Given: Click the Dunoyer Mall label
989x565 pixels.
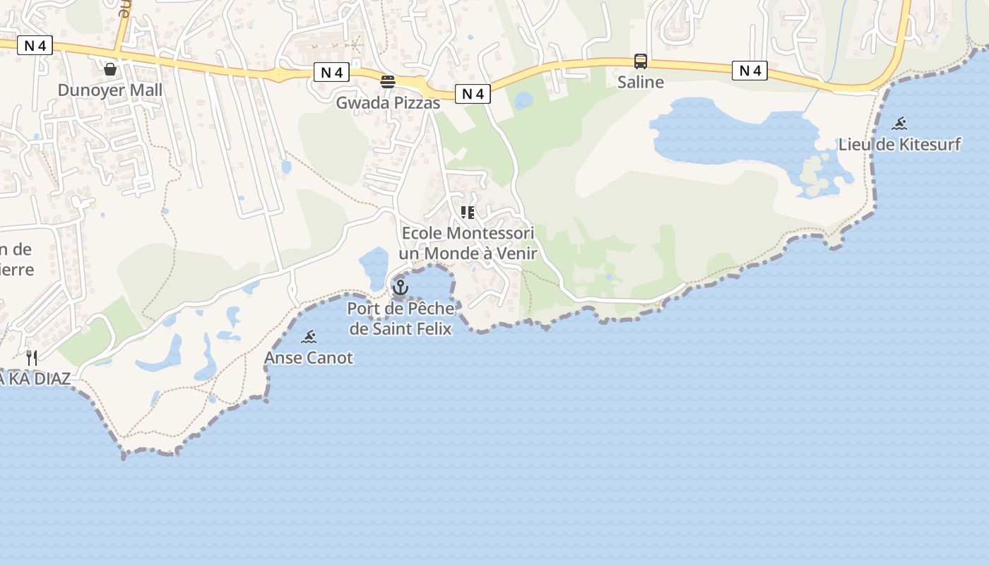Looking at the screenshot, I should click(109, 90).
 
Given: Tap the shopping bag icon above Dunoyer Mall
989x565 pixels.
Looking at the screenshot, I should click(110, 69).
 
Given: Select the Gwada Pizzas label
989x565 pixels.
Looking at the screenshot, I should click(387, 103).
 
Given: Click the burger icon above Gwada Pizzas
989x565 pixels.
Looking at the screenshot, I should click(387, 81).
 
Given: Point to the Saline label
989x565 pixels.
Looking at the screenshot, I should click(640, 82).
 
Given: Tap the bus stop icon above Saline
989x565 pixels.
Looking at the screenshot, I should click(640, 61).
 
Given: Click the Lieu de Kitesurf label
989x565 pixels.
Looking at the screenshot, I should click(899, 145).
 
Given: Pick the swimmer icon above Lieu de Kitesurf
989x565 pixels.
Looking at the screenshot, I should click(899, 124).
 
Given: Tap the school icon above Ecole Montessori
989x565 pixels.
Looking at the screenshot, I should click(467, 212).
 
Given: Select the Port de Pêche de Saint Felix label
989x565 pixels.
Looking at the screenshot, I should click(401, 318).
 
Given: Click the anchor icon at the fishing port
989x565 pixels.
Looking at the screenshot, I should click(401, 287).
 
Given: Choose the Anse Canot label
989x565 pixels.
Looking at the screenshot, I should click(309, 358).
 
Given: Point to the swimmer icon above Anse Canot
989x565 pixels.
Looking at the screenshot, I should click(309, 337).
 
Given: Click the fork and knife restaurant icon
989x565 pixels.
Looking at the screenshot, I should click(32, 357).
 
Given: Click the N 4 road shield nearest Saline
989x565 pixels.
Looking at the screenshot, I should click(749, 71).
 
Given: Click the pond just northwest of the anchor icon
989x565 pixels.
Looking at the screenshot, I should click(374, 265).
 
